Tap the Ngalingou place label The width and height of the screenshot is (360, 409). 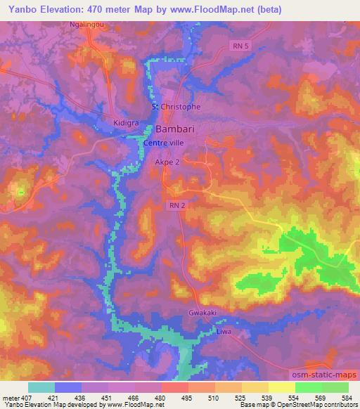point(88,24)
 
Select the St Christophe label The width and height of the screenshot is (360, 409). point(176,107)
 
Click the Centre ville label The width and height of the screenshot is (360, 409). point(163,143)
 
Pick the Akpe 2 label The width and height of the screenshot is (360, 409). point(167,162)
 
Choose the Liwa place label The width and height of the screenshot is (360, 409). point(223,331)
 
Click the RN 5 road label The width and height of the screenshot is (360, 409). point(240,45)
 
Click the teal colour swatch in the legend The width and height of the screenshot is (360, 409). point(41,387)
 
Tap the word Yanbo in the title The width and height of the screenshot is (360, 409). point(20,9)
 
